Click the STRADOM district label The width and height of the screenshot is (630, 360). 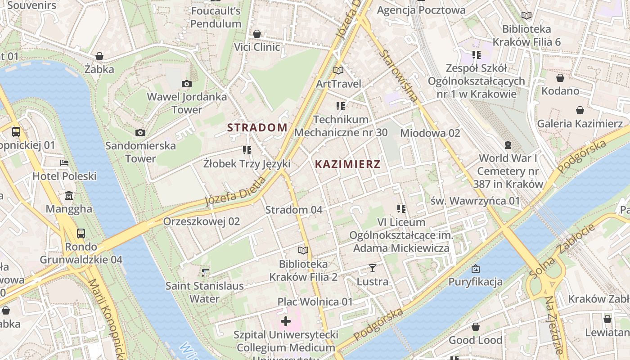pos(257,127)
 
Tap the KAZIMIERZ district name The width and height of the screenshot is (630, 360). pos(347,164)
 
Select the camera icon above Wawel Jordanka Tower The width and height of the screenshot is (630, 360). pos(186,84)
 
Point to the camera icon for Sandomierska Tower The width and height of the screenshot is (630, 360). pos(140,132)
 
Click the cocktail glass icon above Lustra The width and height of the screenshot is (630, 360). pos(372,269)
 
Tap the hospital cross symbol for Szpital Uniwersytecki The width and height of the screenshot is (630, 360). pos(286,321)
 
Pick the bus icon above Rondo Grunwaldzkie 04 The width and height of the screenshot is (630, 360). pos(81,234)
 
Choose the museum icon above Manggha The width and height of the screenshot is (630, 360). pos(69,196)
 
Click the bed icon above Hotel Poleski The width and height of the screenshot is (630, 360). pos(64,163)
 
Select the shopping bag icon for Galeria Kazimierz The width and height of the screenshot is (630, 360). pos(580,110)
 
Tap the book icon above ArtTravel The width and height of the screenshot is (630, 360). pos(338,71)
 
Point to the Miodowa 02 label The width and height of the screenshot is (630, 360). pos(430,133)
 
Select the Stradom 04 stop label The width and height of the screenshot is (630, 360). pos(294,210)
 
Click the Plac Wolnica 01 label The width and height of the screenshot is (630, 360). pos(315,301)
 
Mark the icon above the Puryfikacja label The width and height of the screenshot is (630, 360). pos(475,269)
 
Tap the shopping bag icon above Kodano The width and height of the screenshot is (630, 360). pos(560,78)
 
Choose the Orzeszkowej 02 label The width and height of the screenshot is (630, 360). pos(201,221)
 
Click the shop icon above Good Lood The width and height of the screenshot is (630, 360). pos(475,327)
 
